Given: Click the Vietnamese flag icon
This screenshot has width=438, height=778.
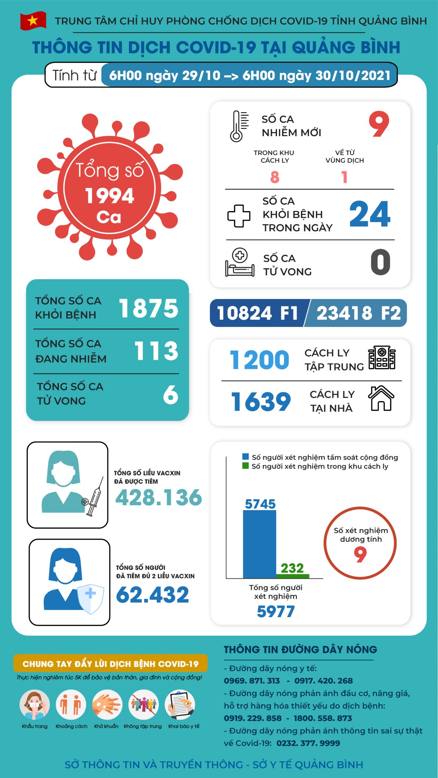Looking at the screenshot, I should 33,21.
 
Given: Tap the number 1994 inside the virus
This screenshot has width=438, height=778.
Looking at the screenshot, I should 109,196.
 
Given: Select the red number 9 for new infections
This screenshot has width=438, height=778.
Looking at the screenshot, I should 379,124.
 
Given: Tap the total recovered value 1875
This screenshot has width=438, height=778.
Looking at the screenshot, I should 148,308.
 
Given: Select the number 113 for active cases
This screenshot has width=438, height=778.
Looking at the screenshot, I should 156,351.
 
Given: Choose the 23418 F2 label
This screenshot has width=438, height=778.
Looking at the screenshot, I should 359,313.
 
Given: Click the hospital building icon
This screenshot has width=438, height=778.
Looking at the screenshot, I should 382,357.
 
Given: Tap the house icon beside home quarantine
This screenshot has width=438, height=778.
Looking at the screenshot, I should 381,398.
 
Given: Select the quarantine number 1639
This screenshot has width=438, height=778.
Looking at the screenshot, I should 261,402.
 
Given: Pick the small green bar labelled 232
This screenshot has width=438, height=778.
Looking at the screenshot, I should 292,576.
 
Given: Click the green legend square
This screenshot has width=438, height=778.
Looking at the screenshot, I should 245,466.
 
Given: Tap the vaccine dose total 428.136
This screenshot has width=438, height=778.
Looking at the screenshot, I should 159,498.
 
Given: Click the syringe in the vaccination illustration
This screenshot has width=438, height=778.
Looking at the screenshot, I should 94,497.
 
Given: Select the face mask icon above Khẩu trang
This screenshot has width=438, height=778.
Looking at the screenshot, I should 35,705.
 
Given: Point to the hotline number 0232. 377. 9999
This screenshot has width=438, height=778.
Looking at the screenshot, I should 308,743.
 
